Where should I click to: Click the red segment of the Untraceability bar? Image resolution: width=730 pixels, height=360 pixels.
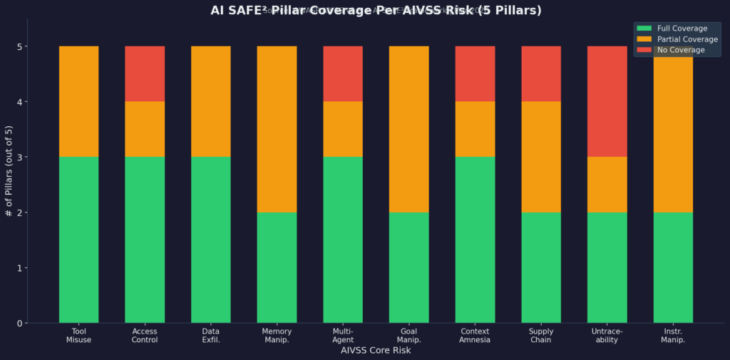click(607, 101)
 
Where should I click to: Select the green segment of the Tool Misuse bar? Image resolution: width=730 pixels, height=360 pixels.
click(78, 240)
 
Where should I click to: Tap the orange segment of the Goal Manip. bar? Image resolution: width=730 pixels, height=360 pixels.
click(408, 129)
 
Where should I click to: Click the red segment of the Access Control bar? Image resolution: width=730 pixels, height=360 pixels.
click(145, 73)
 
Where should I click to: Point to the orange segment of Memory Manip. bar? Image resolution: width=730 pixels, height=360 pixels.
click(277, 129)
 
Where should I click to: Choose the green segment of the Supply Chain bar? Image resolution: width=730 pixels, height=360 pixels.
click(541, 267)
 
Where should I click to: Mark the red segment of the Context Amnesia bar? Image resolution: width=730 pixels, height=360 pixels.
click(475, 73)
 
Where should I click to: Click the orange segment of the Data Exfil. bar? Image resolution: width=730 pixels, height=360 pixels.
click(210, 101)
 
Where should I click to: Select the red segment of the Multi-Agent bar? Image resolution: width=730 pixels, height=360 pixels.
click(343, 73)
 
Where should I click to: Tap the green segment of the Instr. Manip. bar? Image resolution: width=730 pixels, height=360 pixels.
click(673, 267)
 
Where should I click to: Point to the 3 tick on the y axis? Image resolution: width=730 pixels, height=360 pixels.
click(20, 157)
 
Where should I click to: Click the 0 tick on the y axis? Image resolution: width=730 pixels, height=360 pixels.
click(20, 324)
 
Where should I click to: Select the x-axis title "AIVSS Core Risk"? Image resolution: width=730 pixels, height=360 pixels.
click(375, 351)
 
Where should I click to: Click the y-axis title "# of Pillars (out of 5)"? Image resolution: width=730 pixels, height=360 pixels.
click(9, 170)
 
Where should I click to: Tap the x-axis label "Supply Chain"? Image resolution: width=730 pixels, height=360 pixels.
click(541, 336)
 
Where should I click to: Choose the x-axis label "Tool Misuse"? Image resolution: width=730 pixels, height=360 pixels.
click(78, 336)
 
